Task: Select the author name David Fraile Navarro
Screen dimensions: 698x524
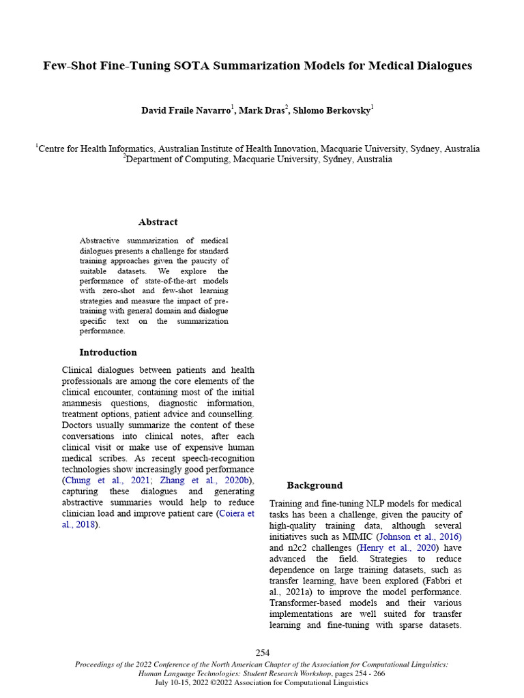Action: (186, 111)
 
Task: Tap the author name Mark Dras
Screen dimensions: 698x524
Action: (261, 111)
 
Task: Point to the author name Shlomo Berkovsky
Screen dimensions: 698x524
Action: (331, 111)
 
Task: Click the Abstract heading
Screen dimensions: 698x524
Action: (158, 222)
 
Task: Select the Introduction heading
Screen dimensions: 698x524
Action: (108, 352)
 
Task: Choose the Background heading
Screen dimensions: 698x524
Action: (314, 485)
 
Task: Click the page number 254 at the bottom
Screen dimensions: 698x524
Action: (263, 653)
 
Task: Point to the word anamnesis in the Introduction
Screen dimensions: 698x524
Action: (85, 403)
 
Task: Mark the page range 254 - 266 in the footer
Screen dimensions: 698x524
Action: (370, 673)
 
